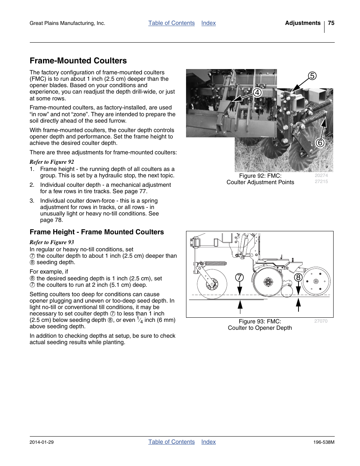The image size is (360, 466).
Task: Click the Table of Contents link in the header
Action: [171, 23]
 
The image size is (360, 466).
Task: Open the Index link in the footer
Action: [208, 442]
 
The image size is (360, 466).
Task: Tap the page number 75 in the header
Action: [331, 23]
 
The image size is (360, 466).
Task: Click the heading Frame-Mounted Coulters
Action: [78, 61]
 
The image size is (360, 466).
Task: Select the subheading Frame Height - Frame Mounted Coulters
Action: [97, 232]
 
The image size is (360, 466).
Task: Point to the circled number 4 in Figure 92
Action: [257, 92]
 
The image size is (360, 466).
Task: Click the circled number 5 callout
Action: [312, 76]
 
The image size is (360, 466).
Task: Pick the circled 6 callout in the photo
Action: [320, 143]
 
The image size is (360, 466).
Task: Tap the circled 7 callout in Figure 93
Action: [239, 278]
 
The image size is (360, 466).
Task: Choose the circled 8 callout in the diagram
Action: [298, 278]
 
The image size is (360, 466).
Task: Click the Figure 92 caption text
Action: [260, 179]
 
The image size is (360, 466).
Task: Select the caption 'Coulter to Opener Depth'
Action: [260, 328]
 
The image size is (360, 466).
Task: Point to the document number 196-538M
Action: [324, 442]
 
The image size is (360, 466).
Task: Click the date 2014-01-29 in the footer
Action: [42, 442]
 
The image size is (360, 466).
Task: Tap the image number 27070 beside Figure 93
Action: [321, 321]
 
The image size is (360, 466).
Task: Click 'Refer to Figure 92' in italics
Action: [52, 162]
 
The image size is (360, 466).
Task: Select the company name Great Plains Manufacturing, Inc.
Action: [67, 23]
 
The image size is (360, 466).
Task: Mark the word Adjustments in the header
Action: [303, 23]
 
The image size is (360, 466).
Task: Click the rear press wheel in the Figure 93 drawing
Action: [316, 281]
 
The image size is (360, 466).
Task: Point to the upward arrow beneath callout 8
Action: [298, 305]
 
